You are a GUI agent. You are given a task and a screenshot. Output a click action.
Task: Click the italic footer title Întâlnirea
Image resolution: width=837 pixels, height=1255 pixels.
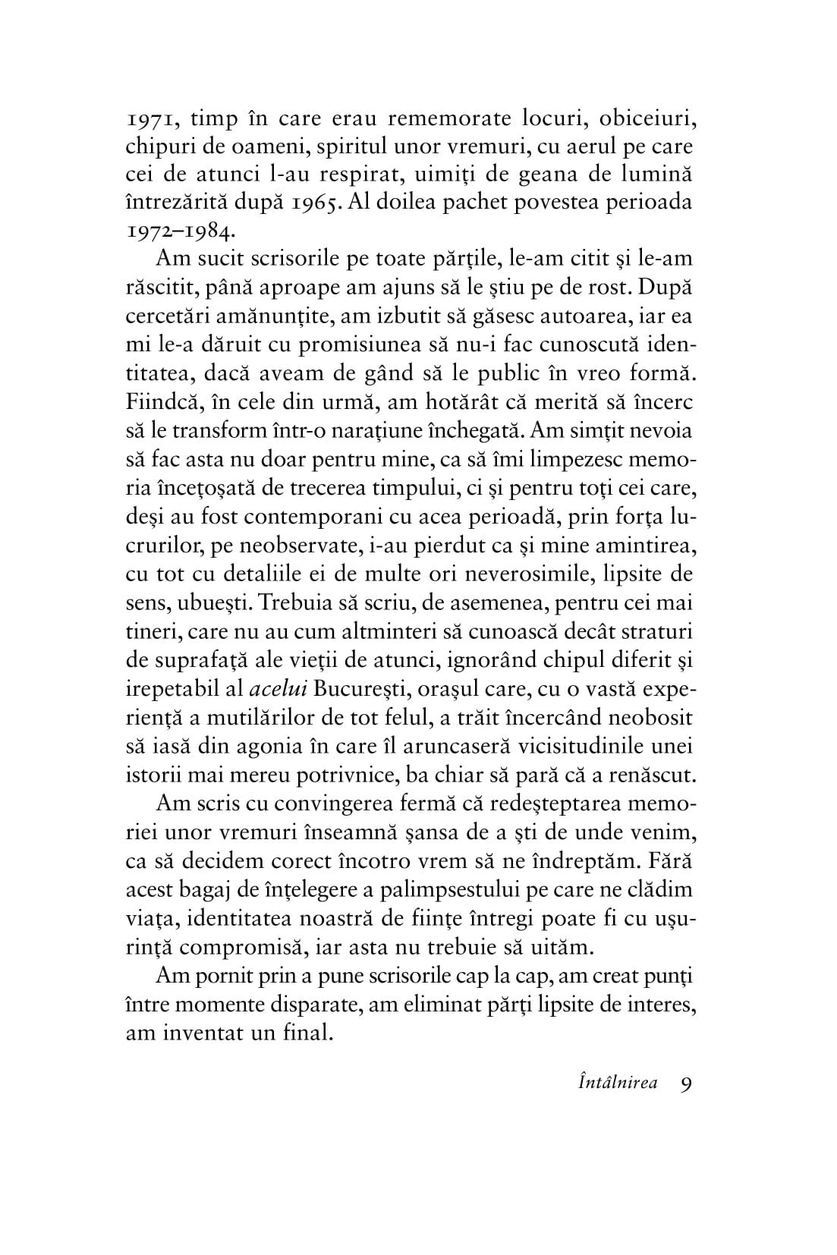point(617,1083)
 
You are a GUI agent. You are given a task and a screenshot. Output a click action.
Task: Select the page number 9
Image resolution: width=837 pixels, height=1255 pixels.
point(685,1084)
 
